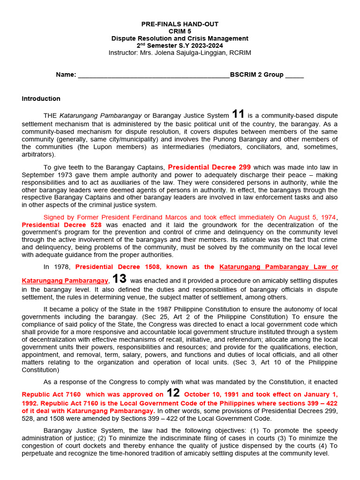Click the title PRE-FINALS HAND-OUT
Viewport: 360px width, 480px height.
tap(180, 24)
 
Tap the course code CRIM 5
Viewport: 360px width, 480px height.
tap(180, 31)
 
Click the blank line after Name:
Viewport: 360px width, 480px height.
tap(153, 75)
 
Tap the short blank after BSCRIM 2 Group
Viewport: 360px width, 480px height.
tap(294, 75)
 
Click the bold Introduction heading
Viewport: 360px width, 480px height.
tap(41, 98)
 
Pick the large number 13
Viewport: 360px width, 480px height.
tap(119, 278)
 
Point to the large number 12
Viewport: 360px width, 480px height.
tap(173, 393)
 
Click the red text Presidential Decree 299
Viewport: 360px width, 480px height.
tap(209, 167)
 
